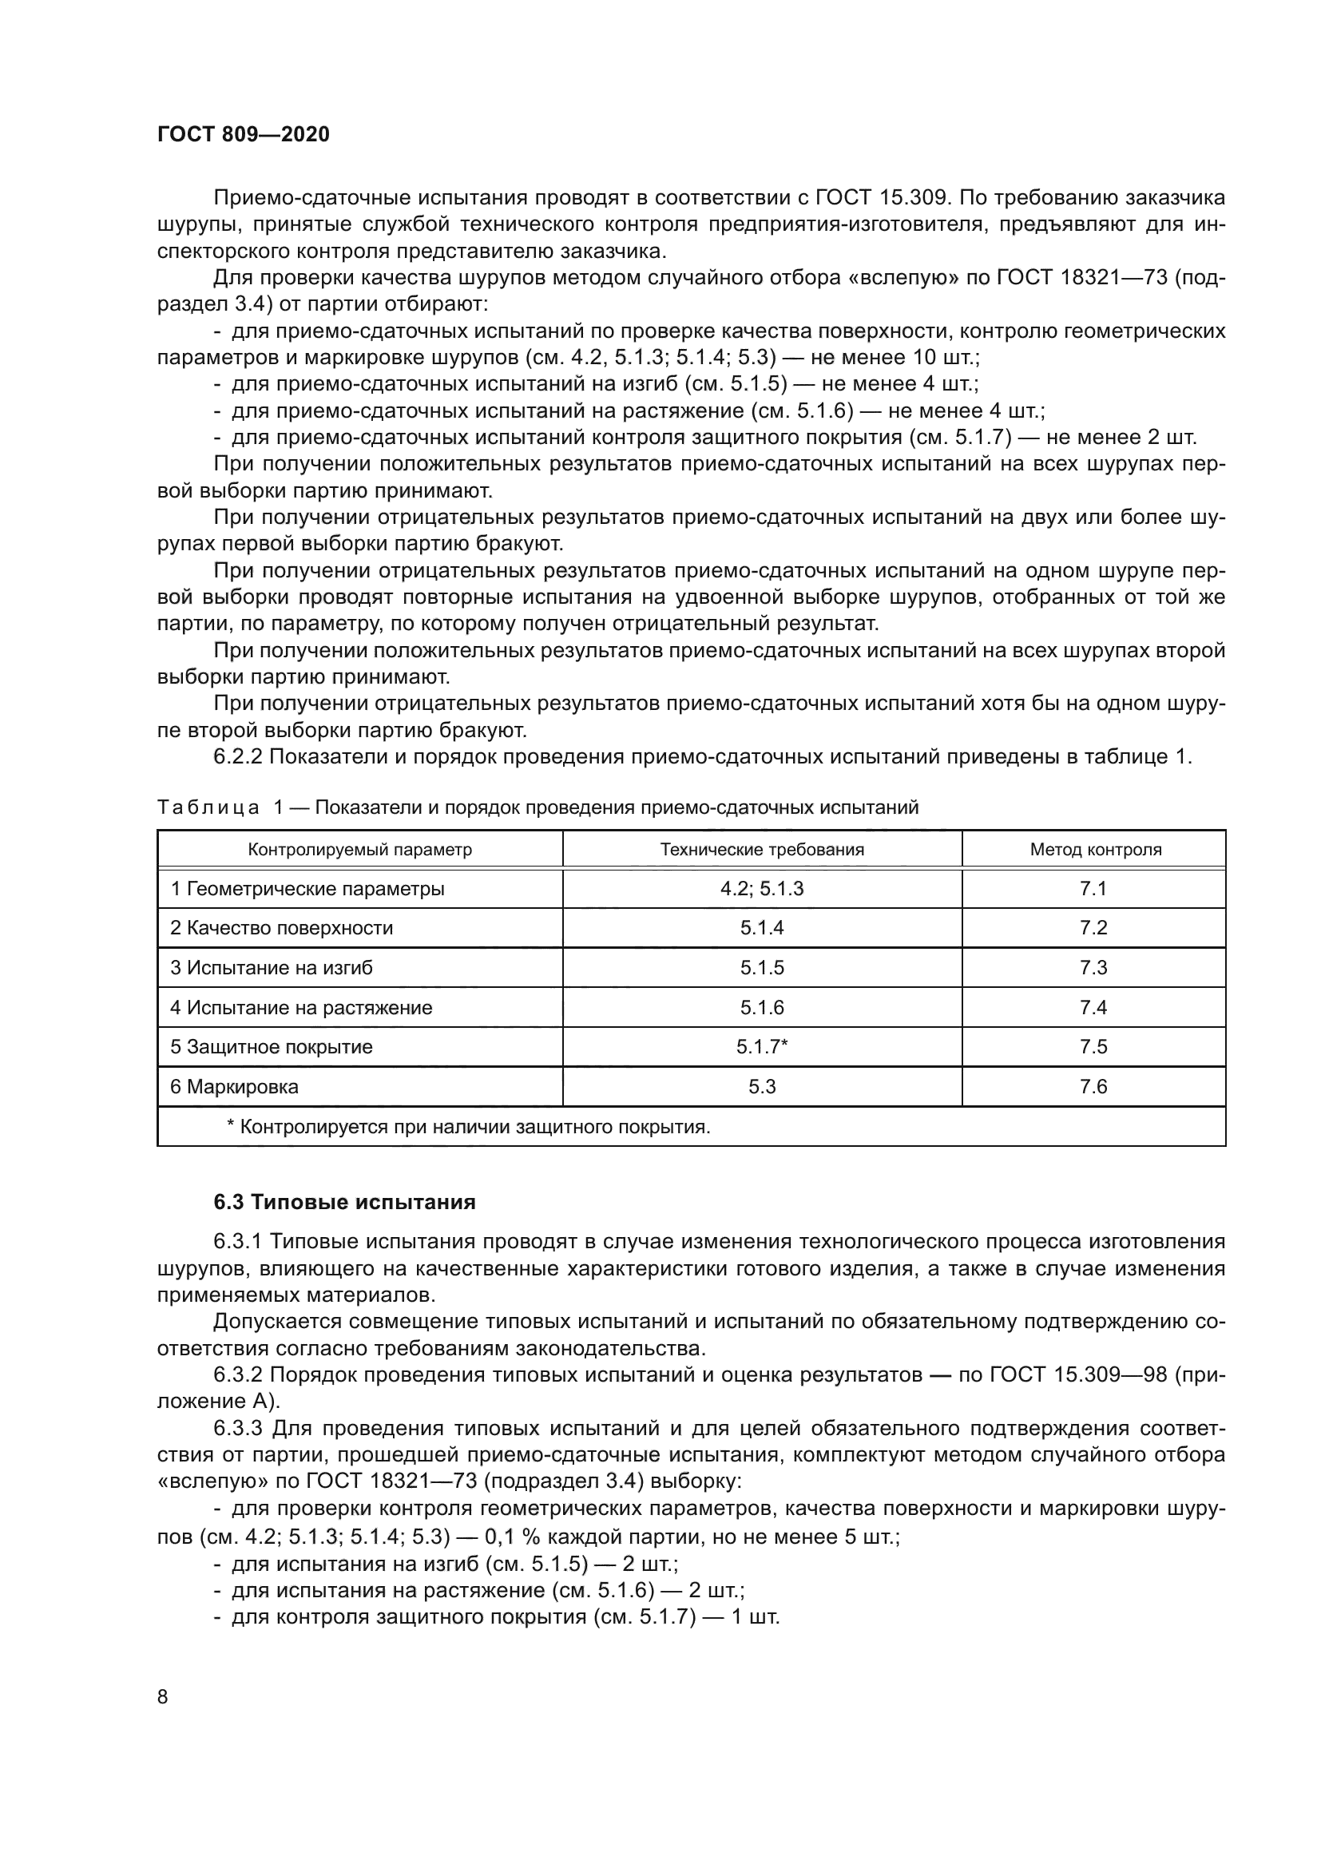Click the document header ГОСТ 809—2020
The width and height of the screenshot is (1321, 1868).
244,134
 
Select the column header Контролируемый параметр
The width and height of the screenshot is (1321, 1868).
359,850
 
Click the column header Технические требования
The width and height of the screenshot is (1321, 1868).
761,850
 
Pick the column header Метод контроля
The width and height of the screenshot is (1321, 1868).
1095,850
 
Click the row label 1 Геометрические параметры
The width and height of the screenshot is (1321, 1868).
307,888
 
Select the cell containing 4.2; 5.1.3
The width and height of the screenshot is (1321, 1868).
761,888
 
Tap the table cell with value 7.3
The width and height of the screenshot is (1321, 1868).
1093,967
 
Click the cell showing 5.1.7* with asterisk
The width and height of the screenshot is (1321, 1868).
761,1046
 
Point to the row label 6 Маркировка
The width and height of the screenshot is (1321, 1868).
234,1086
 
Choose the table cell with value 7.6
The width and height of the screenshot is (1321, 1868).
1093,1086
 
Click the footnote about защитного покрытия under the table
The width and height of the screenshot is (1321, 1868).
468,1127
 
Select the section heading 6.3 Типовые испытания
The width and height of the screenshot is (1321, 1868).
344,1202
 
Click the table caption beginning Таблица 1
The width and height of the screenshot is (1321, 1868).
537,807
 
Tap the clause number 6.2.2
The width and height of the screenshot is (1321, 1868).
237,756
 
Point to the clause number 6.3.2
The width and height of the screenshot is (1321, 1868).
237,1374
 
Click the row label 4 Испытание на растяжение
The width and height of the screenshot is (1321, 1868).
301,1007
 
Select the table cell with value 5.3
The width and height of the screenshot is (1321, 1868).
761,1086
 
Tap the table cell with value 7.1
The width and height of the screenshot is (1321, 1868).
1093,888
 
